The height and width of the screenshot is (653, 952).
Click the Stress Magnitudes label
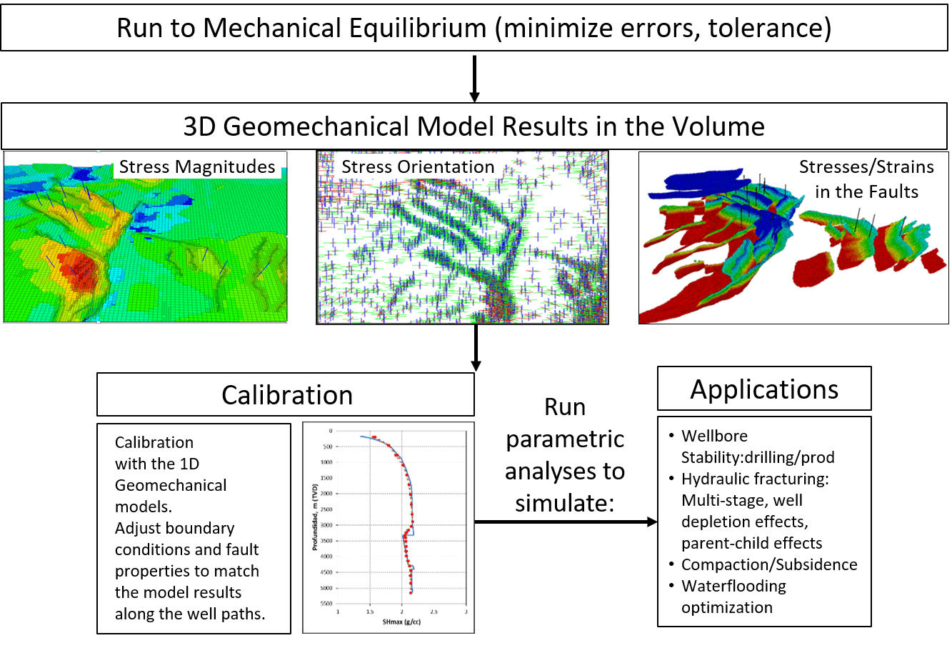click(x=196, y=167)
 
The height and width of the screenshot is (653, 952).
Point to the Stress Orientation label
click(x=418, y=167)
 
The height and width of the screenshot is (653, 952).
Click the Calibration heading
click(x=286, y=395)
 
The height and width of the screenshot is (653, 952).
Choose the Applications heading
click(x=764, y=389)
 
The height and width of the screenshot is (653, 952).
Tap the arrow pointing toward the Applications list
click(x=564, y=522)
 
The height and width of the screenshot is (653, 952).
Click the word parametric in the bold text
click(x=564, y=439)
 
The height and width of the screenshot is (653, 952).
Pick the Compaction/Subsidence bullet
click(x=769, y=564)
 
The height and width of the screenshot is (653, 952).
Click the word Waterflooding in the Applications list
click(x=733, y=586)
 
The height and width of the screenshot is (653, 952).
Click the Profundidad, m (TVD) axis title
click(x=314, y=517)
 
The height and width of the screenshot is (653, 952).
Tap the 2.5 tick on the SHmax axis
click(x=434, y=612)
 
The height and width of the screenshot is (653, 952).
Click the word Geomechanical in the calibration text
click(x=171, y=485)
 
